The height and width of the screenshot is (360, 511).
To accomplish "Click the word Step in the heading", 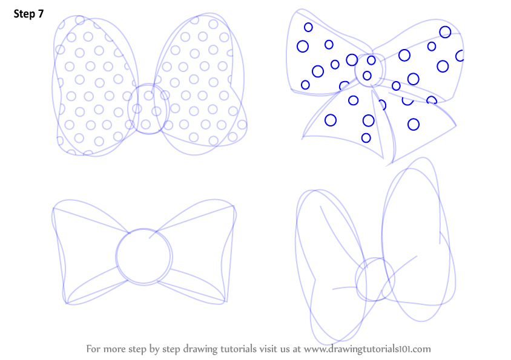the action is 24,14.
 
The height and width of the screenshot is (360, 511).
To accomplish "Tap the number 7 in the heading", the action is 41,14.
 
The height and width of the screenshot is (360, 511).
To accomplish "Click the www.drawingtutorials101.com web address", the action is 368,349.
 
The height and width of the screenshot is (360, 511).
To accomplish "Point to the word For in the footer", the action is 93,349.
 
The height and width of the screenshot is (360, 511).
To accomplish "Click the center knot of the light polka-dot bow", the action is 148,109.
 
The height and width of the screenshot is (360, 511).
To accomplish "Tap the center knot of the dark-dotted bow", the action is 369,71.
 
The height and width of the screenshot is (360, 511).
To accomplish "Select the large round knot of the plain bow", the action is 143,257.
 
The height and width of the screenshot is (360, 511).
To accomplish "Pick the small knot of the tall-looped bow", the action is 375,279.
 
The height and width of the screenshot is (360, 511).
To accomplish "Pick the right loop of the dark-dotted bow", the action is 424,62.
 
